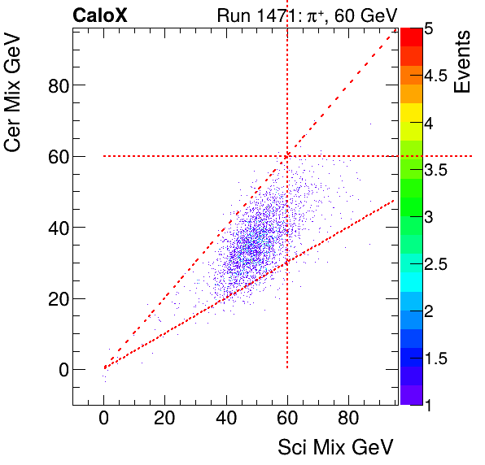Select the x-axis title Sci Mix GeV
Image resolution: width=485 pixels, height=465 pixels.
point(335,447)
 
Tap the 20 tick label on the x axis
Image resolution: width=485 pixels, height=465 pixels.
point(165,422)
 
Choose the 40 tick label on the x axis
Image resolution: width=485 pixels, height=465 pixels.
point(226,422)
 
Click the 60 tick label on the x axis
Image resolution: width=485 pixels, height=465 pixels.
point(287,422)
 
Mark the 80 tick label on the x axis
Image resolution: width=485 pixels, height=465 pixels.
point(348,422)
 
